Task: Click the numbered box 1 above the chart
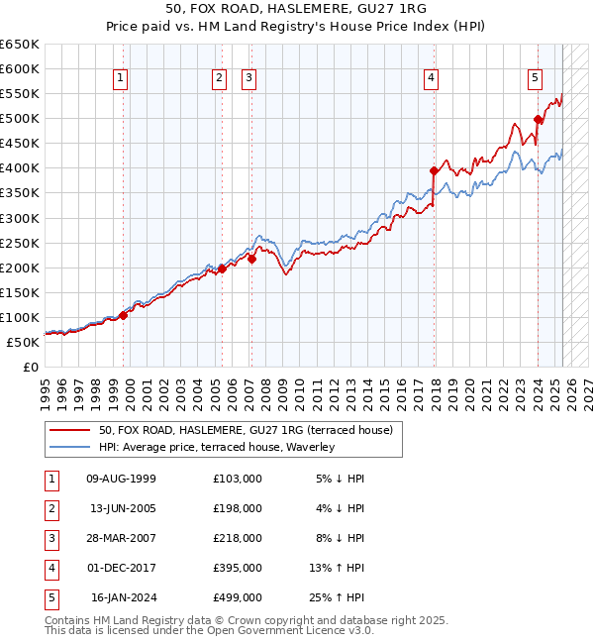[120, 79]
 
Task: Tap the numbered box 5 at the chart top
[535, 79]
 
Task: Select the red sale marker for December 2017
[434, 170]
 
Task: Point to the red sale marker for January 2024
[538, 119]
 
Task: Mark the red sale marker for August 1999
[124, 315]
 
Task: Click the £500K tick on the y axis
[20, 118]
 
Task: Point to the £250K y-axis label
[20, 243]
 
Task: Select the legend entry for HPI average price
[217, 447]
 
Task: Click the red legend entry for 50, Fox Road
[246, 430]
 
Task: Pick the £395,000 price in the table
[238, 568]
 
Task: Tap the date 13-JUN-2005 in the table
[123, 508]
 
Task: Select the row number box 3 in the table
[49, 538]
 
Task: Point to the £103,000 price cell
[238, 479]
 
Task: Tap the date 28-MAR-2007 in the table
[123, 538]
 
